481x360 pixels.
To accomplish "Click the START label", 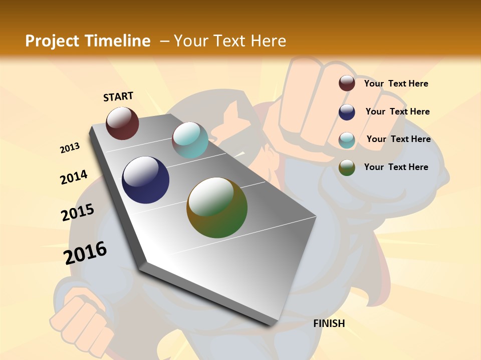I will tap(118, 96).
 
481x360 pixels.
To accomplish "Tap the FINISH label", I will tap(329, 323).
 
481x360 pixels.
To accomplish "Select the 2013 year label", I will tap(70, 148).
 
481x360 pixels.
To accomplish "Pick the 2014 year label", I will tap(74, 177).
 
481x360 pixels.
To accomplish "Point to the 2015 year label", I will tap(78, 212).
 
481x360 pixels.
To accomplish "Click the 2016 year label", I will tap(85, 253).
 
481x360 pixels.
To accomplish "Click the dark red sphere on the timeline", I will tap(122, 123).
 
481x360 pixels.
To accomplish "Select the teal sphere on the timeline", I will tap(190, 140).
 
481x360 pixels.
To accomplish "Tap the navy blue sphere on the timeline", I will tap(145, 180).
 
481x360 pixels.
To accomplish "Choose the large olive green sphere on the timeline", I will tap(217, 207).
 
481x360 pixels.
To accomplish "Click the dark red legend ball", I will tap(347, 83).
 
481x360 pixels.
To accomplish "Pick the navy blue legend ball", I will tap(347, 111).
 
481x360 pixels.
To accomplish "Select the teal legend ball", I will tap(347, 139).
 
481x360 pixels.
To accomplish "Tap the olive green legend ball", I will tap(347, 167).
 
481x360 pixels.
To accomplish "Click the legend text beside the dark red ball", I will tap(396, 83).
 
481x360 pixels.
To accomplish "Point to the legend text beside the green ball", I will tap(396, 167).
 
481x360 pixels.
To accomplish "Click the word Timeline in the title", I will tap(118, 41).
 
